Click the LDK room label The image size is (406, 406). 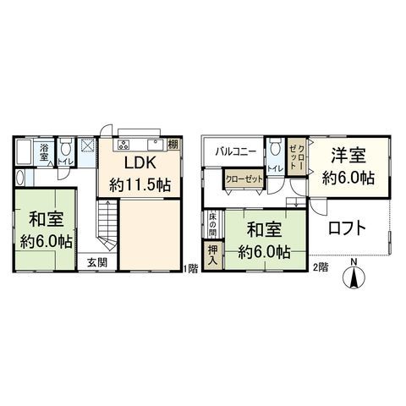[x=138, y=162]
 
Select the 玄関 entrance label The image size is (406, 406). [x=96, y=262]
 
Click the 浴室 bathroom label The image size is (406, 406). [x=45, y=150]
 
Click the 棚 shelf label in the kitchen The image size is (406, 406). [x=173, y=144]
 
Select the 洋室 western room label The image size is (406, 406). [x=347, y=156]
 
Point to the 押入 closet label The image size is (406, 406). [x=213, y=254]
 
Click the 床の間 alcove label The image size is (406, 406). [x=213, y=224]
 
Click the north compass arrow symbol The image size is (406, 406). [x=354, y=274]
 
